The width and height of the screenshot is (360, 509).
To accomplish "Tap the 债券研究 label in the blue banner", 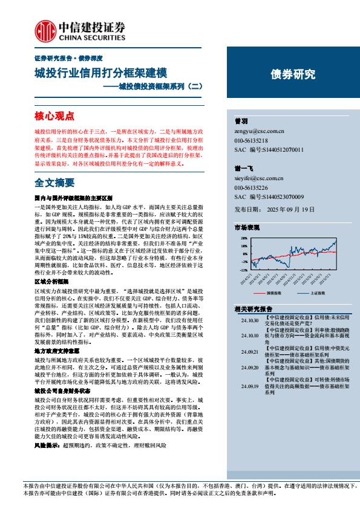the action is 292,75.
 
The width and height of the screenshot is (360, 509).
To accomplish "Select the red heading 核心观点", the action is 54,115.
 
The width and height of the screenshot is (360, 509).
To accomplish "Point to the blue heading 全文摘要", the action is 54,182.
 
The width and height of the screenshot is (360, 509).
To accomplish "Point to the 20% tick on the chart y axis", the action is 244,238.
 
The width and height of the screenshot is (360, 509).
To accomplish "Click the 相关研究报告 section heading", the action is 255,309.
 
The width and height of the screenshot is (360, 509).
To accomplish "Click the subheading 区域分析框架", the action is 47,282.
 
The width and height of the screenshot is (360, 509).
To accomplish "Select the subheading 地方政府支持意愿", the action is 51,350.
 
